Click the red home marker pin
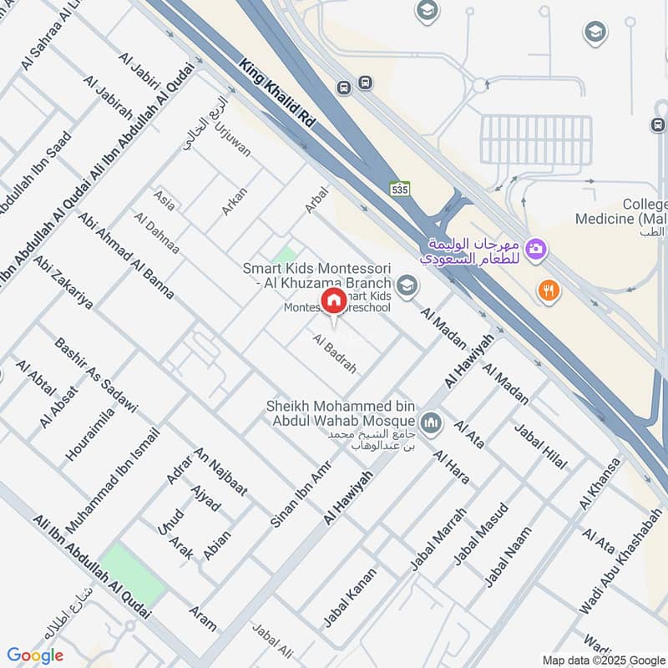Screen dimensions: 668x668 click(x=333, y=301)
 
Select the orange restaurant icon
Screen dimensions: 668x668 click(x=549, y=291)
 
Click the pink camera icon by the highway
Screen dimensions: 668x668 click(x=536, y=248)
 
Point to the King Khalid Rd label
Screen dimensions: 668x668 click(x=277, y=93)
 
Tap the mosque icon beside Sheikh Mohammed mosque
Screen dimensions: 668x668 click(x=431, y=423)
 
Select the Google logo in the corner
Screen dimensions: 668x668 click(x=34, y=655)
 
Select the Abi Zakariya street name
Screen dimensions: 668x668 click(x=63, y=282)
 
